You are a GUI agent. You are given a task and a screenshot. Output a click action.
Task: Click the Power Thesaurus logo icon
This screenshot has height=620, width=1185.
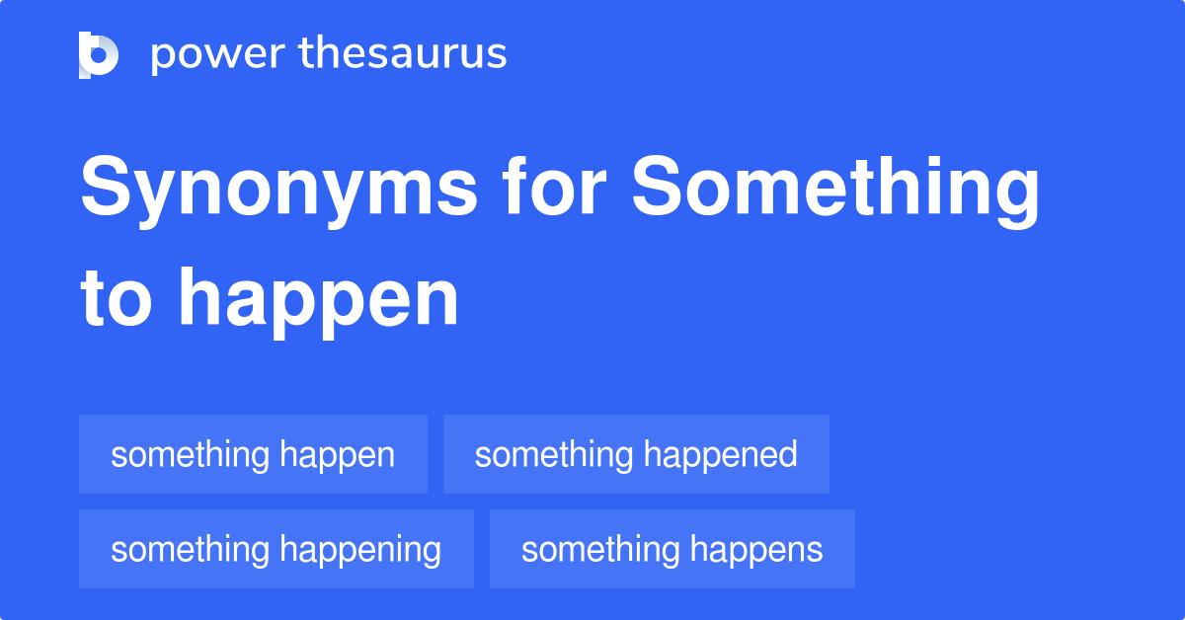tap(99, 54)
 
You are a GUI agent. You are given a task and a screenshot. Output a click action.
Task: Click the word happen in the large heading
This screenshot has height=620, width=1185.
tap(318, 301)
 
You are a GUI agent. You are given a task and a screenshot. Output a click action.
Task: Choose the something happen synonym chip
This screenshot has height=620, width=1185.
tap(253, 454)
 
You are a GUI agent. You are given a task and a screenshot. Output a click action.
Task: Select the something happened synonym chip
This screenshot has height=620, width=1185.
tap(636, 454)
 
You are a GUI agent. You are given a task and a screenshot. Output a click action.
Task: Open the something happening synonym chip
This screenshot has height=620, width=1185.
tap(276, 549)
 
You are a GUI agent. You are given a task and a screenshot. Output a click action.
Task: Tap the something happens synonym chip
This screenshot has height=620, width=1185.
tap(671, 549)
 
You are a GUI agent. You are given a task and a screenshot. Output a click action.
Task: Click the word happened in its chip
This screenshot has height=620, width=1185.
tap(720, 454)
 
